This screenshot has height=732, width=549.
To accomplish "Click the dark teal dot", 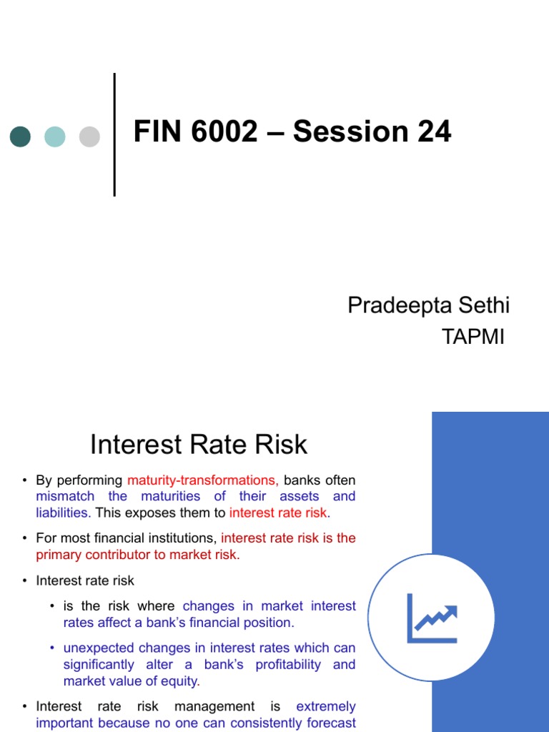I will (x=20, y=136).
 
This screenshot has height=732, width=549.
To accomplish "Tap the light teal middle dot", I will (x=55, y=136).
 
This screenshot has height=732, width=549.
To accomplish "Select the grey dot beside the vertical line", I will (x=89, y=136).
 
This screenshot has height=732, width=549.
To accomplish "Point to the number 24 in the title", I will (x=434, y=132).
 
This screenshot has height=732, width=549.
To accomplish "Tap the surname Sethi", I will (x=483, y=306).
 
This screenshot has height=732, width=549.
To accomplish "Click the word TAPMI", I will (x=473, y=337).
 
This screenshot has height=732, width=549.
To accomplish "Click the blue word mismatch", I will (x=65, y=496).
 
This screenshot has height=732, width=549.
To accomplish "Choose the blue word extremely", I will (x=326, y=706).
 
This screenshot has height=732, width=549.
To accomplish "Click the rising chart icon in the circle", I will (x=432, y=618).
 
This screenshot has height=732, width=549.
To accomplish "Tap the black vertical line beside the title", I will (x=114, y=134).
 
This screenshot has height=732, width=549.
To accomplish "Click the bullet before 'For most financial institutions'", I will (x=24, y=538).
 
